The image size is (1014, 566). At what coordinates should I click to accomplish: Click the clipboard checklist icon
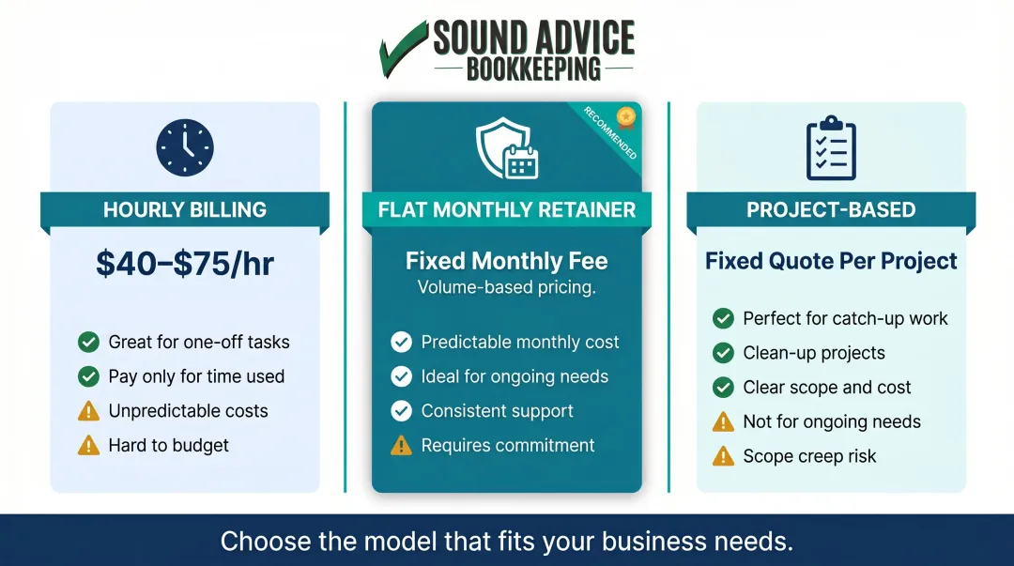(831, 148)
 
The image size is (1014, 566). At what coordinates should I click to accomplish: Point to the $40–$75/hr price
(185, 263)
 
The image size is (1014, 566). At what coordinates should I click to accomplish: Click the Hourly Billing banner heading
(185, 210)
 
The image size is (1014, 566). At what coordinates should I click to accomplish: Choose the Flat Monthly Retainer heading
(507, 210)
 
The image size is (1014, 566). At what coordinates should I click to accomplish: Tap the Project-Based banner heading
(831, 210)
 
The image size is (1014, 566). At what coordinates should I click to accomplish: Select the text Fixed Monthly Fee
(507, 260)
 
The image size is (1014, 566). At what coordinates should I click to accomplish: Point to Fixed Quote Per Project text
(831, 260)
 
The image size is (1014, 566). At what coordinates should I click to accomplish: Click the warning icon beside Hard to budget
(88, 446)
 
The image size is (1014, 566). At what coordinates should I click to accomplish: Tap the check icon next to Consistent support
(402, 411)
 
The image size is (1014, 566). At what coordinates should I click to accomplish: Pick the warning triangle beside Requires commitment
(402, 446)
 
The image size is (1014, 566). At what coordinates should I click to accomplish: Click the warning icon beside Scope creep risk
(723, 456)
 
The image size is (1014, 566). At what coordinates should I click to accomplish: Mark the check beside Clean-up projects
(723, 353)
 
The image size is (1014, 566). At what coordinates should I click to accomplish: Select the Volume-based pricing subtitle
(507, 287)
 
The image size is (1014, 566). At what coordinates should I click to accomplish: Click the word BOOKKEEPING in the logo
(533, 69)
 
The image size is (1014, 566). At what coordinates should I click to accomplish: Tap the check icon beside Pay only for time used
(88, 376)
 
